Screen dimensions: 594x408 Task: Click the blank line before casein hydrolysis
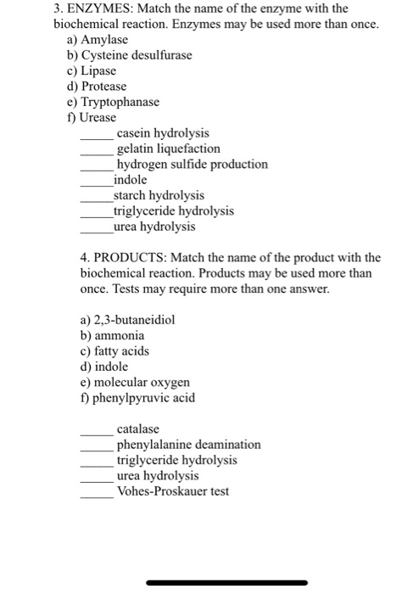97,138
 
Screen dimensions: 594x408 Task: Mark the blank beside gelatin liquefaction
97,154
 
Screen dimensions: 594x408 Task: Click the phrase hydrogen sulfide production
192,164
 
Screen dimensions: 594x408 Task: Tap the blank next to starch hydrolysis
97,200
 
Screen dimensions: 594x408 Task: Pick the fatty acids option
114,350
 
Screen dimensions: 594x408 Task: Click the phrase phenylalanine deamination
188,444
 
